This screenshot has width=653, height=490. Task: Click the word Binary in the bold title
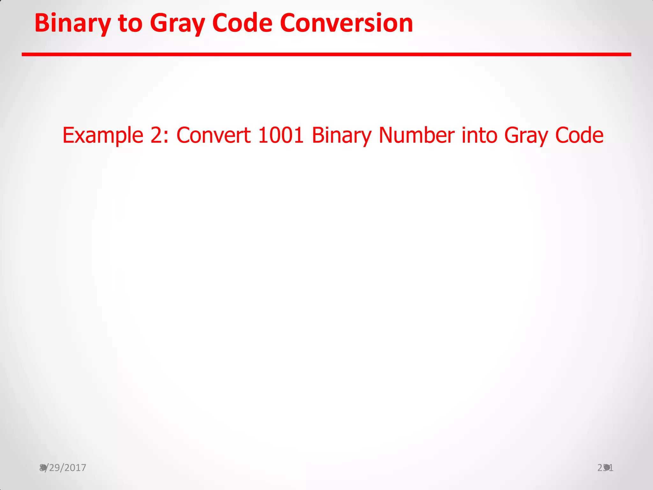73,24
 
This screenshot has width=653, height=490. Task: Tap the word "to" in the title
130,24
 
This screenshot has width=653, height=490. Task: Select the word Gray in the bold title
177,24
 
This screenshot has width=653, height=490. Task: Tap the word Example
103,135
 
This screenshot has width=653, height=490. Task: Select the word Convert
213,135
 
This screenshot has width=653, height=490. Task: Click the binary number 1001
281,135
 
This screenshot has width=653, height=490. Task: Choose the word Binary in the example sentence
341,135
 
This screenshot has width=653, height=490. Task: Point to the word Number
416,135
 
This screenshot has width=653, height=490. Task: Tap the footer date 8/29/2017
63,468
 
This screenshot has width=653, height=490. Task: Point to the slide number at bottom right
605,468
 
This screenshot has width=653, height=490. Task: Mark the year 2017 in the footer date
76,468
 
